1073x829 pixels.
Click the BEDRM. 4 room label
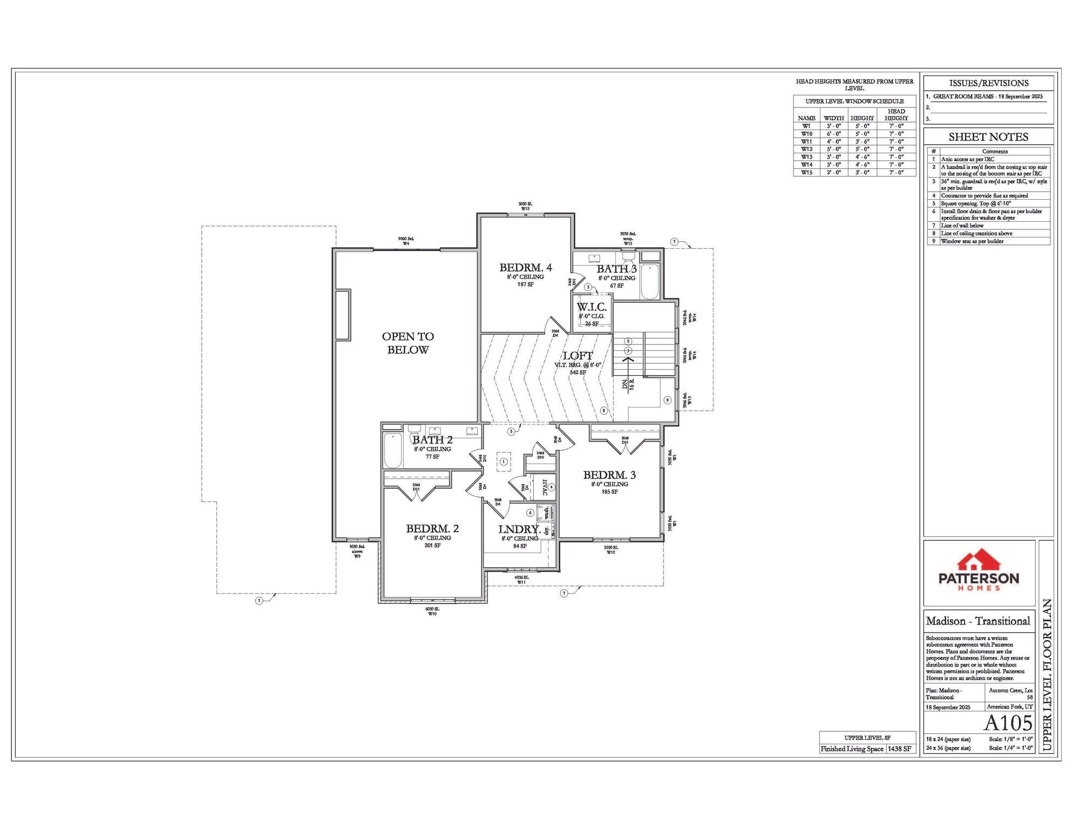(525, 268)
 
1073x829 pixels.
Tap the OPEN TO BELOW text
(408, 343)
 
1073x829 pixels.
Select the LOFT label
(578, 356)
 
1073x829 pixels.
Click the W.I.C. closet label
(592, 307)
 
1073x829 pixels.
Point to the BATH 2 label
(432, 440)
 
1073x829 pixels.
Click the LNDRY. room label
(519, 529)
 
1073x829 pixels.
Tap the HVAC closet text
(545, 487)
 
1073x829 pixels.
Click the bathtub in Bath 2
(392, 450)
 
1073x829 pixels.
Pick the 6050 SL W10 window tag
(432, 611)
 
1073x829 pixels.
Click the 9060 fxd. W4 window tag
(406, 241)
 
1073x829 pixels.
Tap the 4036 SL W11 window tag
(521, 580)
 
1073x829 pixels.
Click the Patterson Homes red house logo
(979, 561)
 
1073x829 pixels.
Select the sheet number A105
(1008, 723)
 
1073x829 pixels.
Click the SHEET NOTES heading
(988, 137)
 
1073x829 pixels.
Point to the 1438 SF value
(900, 749)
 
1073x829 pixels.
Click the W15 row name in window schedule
(806, 173)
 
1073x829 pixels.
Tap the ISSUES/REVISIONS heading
(988, 83)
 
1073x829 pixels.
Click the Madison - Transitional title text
(978, 621)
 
